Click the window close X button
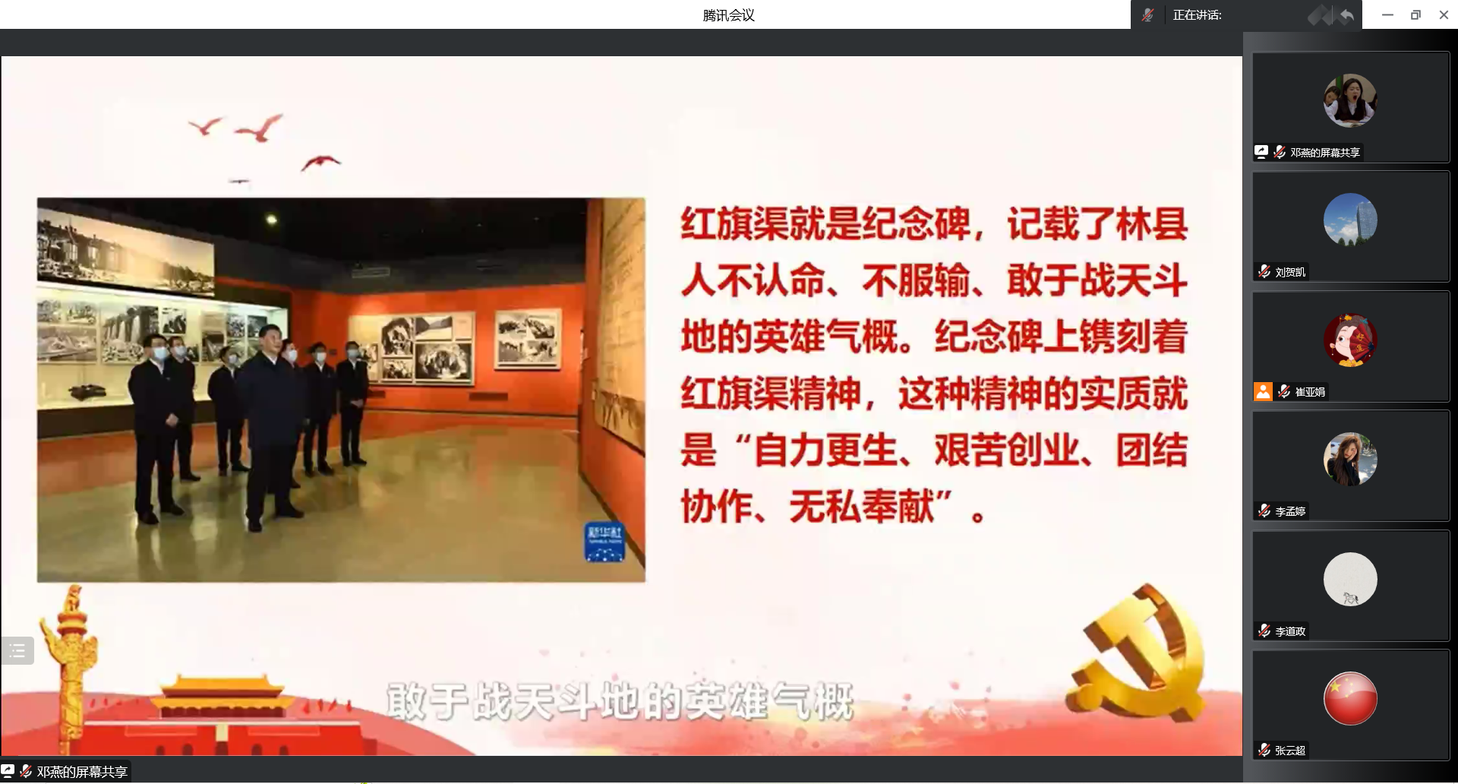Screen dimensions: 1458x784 click(1444, 14)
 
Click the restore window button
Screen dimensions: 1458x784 click(1415, 14)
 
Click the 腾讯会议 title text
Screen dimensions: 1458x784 click(728, 15)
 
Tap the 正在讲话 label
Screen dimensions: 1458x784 click(1197, 15)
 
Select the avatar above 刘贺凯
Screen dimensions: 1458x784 click(1350, 220)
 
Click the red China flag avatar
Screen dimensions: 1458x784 click(1350, 698)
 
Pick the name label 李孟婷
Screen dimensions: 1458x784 click(1290, 511)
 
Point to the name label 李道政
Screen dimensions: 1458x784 click(1290, 631)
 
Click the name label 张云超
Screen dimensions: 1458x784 click(1290, 751)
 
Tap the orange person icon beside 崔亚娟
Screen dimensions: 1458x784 click(1263, 391)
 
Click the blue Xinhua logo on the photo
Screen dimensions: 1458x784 click(604, 542)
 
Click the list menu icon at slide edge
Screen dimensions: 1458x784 click(17, 651)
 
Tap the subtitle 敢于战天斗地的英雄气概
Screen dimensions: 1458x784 click(620, 701)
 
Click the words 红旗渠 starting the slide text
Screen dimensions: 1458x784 click(734, 224)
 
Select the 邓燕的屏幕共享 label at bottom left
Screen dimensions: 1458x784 click(82, 772)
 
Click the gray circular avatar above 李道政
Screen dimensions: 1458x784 click(1350, 579)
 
